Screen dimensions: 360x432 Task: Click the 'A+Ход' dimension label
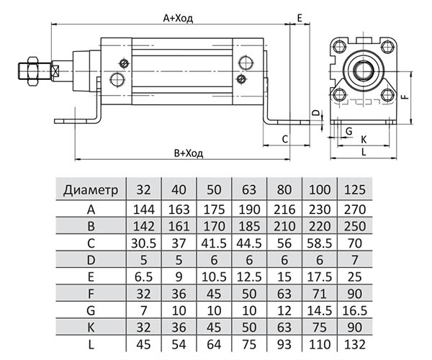(x=178, y=17)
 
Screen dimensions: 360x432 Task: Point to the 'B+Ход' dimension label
(x=188, y=153)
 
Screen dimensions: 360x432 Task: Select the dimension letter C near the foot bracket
(x=285, y=138)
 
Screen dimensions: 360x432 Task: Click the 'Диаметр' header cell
(x=90, y=191)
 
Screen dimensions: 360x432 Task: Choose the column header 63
(x=249, y=191)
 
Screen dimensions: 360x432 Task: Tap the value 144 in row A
(x=143, y=210)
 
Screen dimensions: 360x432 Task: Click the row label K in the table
(x=90, y=328)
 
